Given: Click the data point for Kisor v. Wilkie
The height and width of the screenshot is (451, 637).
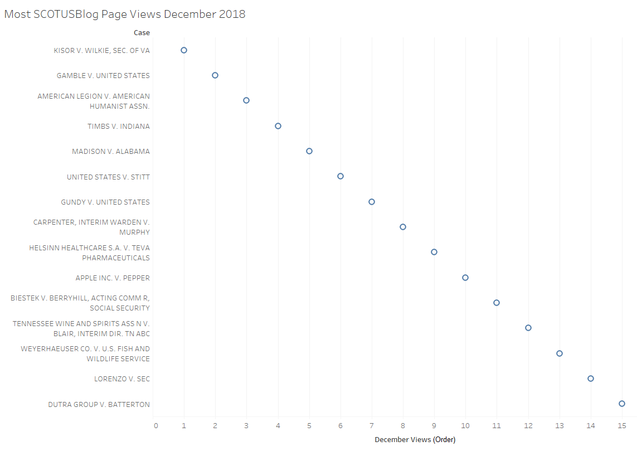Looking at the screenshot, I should point(184,50).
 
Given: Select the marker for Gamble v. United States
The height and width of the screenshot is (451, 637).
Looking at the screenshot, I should point(215,75).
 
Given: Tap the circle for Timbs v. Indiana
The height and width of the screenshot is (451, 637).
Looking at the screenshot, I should point(278,126).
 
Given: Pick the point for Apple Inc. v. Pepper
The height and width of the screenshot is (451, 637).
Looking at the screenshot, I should point(465,278).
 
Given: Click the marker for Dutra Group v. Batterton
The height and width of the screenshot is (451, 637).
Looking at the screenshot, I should point(622,404).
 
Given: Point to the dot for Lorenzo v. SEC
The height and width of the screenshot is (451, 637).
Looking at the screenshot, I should point(591,379).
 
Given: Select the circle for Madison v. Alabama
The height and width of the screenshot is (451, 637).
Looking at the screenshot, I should point(309,151).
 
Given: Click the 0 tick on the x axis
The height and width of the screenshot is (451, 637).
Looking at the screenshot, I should point(155,426).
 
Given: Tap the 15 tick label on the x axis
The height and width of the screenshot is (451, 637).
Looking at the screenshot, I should point(622,426).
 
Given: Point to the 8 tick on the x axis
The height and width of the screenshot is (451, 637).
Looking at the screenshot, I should point(403,426).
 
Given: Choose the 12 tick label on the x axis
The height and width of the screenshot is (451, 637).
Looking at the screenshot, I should point(528,426).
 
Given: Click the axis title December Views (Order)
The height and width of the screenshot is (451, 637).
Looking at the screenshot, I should point(415,440).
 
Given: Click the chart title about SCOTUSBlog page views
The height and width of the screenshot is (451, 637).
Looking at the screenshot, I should point(125,14).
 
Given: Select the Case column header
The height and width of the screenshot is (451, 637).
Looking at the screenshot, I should point(142,33).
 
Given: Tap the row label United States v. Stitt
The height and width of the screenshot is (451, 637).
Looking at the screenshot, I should point(108,177).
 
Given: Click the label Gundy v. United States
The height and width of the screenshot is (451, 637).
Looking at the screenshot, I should point(105,202).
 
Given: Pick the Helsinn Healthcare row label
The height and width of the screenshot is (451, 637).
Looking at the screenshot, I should point(89,253).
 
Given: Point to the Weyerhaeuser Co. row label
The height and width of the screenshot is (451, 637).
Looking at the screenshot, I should point(85,354).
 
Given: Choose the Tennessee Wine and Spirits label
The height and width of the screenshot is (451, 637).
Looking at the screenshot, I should point(81,328).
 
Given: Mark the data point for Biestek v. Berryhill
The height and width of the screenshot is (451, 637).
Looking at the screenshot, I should point(497,303).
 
